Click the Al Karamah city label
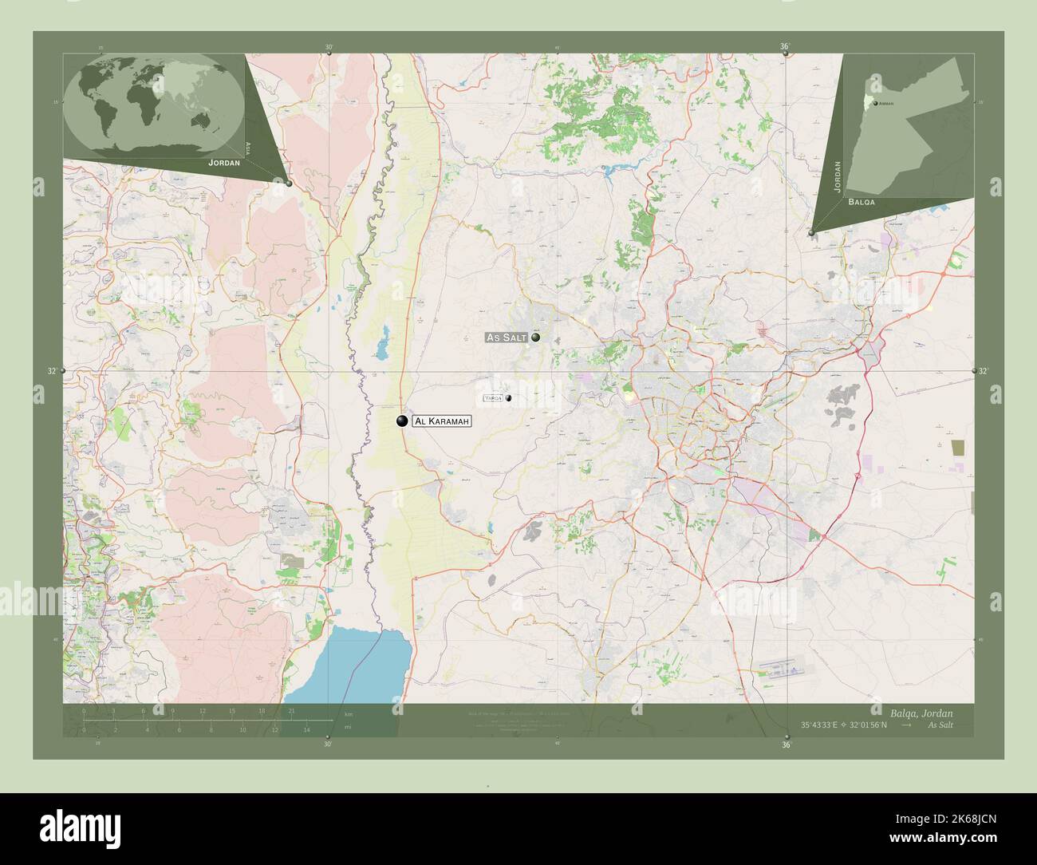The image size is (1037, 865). tap(442, 421)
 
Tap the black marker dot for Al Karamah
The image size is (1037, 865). tap(402, 421)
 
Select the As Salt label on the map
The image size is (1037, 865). tap(507, 338)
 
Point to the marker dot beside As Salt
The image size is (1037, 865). tap(536, 338)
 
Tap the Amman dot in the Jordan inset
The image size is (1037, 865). tap(876, 104)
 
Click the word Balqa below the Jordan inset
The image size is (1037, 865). tap(862, 203)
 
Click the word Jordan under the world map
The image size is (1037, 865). tap(223, 162)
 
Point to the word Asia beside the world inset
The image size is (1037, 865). tap(249, 148)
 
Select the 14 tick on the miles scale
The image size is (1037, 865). tap(306, 729)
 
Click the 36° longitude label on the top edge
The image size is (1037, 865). tap(784, 47)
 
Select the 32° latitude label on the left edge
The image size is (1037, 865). tap(52, 371)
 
